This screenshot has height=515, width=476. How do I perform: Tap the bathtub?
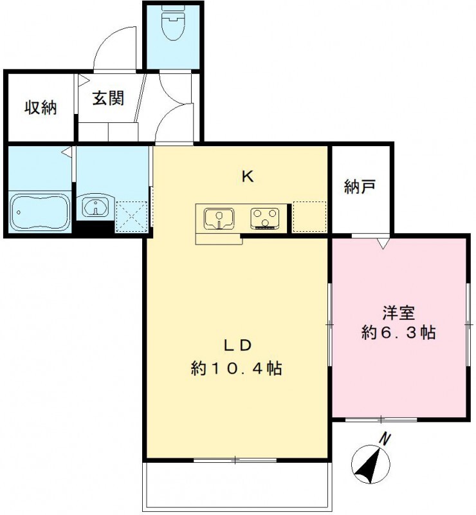coord(40,211)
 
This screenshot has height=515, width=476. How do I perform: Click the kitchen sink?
coord(220,218)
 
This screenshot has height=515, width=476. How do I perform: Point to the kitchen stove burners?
coord(264,218)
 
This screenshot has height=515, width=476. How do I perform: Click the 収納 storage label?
coord(41,108)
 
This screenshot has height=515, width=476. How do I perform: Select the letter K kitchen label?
coord(246,176)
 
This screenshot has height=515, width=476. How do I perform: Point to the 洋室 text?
coord(398,313)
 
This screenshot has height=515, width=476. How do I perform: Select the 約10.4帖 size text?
coord(236,369)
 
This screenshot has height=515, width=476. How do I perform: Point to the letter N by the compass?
coord(385,440)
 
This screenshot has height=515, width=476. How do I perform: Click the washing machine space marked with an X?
coord(132,216)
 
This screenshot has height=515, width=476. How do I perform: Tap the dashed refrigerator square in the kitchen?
coord(309,216)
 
